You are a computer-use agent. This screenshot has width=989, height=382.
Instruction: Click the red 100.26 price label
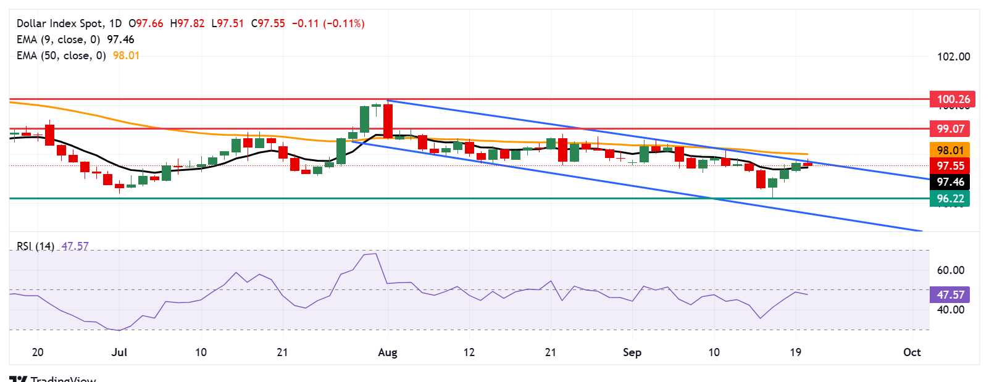point(953,99)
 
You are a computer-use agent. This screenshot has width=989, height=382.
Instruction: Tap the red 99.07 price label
point(950,129)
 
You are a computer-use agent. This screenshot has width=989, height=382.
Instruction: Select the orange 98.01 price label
point(950,151)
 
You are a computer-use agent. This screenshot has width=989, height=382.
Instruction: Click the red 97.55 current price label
point(950,166)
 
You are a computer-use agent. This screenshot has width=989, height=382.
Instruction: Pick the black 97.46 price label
point(950,182)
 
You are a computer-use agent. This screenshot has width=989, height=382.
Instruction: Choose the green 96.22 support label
point(950,199)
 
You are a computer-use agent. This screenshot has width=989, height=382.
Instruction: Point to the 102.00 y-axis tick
point(953,57)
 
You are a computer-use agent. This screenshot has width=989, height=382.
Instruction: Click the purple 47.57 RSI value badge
point(950,295)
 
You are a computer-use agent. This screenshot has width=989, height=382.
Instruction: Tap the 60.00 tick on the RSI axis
point(950,270)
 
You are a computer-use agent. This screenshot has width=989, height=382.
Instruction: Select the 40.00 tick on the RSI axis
point(950,310)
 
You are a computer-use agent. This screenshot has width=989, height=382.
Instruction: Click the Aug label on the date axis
point(388,352)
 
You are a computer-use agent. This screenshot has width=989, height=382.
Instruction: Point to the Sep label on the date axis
point(632,352)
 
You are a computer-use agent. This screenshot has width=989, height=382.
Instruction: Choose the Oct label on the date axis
point(912,352)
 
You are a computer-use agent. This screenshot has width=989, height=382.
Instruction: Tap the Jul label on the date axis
point(119,352)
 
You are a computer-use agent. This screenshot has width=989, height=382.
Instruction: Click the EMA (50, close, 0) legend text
point(61,56)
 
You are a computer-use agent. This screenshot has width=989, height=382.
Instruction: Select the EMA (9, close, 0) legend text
point(58,39)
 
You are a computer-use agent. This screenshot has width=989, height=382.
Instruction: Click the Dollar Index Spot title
point(61,23)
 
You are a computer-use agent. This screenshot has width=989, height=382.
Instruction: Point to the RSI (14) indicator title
point(35,246)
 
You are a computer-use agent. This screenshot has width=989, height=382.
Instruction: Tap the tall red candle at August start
point(388,121)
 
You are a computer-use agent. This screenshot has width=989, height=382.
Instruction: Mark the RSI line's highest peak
point(375,254)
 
